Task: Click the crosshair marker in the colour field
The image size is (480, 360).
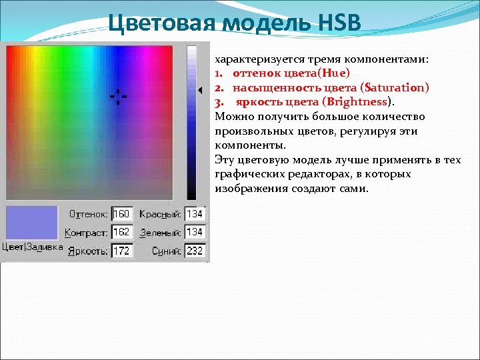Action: pyautogui.click(x=118, y=97)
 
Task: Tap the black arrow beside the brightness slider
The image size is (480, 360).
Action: pyautogui.click(x=199, y=90)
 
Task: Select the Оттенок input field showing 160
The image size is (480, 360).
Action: pyautogui.click(x=122, y=214)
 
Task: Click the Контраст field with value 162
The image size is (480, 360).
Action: pyautogui.click(x=122, y=232)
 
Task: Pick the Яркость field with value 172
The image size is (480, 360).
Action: pyautogui.click(x=122, y=251)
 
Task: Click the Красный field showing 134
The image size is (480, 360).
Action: pyautogui.click(x=195, y=214)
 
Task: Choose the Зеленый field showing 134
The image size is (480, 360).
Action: pyautogui.click(x=195, y=232)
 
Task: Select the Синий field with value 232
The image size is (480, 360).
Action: pyautogui.click(x=195, y=251)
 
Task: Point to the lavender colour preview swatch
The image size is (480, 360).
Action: pyautogui.click(x=31, y=222)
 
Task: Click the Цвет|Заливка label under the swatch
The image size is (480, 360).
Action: pyautogui.click(x=32, y=247)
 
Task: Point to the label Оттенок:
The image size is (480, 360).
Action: pyautogui.click(x=89, y=214)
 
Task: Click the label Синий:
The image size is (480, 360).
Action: pyautogui.click(x=166, y=251)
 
